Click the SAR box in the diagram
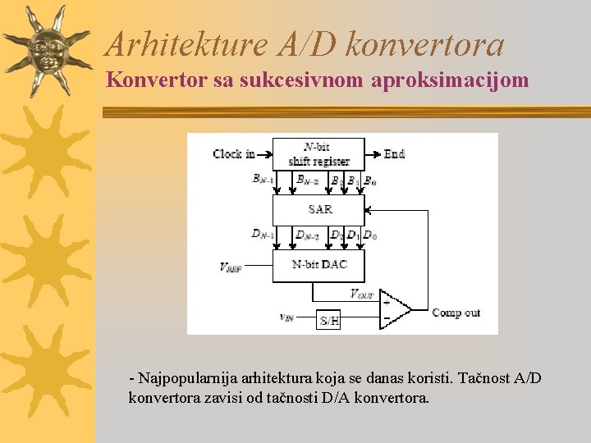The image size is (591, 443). pyautogui.click(x=318, y=209)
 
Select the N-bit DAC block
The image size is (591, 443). pyautogui.click(x=318, y=265)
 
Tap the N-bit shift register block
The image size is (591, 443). pyautogui.click(x=318, y=154)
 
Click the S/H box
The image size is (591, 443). pyautogui.click(x=328, y=320)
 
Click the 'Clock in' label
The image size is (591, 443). pyautogui.click(x=234, y=153)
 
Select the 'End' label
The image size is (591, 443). pyautogui.click(x=394, y=153)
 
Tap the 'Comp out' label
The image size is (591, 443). pyautogui.click(x=456, y=313)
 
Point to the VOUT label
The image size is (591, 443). pyautogui.click(x=361, y=294)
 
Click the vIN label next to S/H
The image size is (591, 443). pyautogui.click(x=287, y=317)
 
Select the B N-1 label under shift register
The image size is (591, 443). pyautogui.click(x=263, y=179)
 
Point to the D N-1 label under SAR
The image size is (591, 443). pyautogui.click(x=263, y=235)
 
